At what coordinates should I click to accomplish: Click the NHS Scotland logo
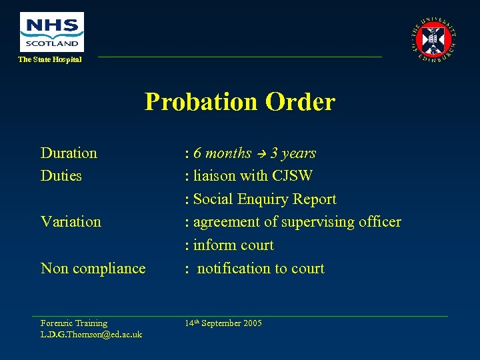51,31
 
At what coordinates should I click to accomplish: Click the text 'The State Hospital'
50,60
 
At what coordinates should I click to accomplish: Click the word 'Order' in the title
300,102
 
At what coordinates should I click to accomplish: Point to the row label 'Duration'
69,153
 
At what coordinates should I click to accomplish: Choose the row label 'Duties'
61,176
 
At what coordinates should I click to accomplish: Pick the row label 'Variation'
71,222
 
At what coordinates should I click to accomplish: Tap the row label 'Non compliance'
93,269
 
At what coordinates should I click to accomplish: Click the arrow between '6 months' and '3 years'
261,154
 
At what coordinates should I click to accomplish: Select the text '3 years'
293,153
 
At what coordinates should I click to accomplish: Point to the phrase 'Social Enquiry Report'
265,199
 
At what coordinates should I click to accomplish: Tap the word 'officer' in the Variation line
378,222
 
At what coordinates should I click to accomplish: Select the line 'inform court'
233,245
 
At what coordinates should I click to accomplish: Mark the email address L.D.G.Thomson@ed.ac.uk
91,334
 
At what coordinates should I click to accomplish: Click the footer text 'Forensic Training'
74,323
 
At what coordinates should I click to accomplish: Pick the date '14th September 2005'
223,323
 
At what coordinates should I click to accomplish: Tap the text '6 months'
222,153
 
